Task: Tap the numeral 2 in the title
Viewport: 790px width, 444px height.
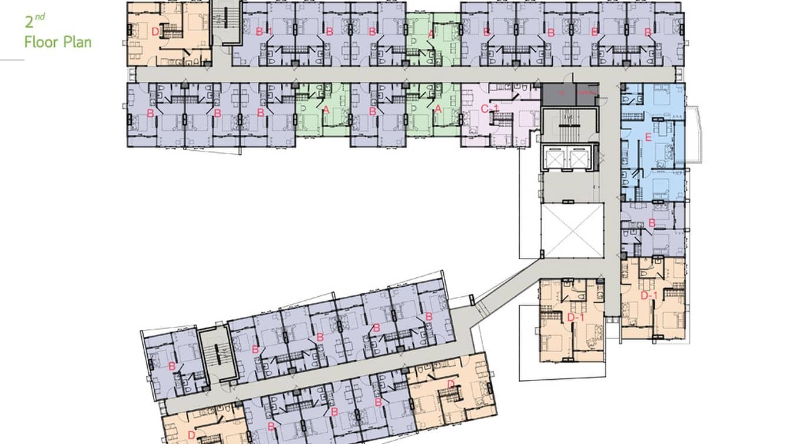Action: tap(29, 23)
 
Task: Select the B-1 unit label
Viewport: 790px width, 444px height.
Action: tap(263, 32)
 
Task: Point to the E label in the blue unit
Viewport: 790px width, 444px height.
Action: tap(648, 139)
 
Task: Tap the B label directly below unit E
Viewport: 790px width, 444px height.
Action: tap(652, 223)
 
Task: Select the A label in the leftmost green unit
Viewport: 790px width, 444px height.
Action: tap(326, 109)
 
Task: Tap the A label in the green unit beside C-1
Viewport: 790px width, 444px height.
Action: tap(437, 109)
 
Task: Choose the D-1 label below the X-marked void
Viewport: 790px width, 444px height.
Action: tap(575, 318)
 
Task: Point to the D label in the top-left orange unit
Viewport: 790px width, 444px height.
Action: tap(155, 32)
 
